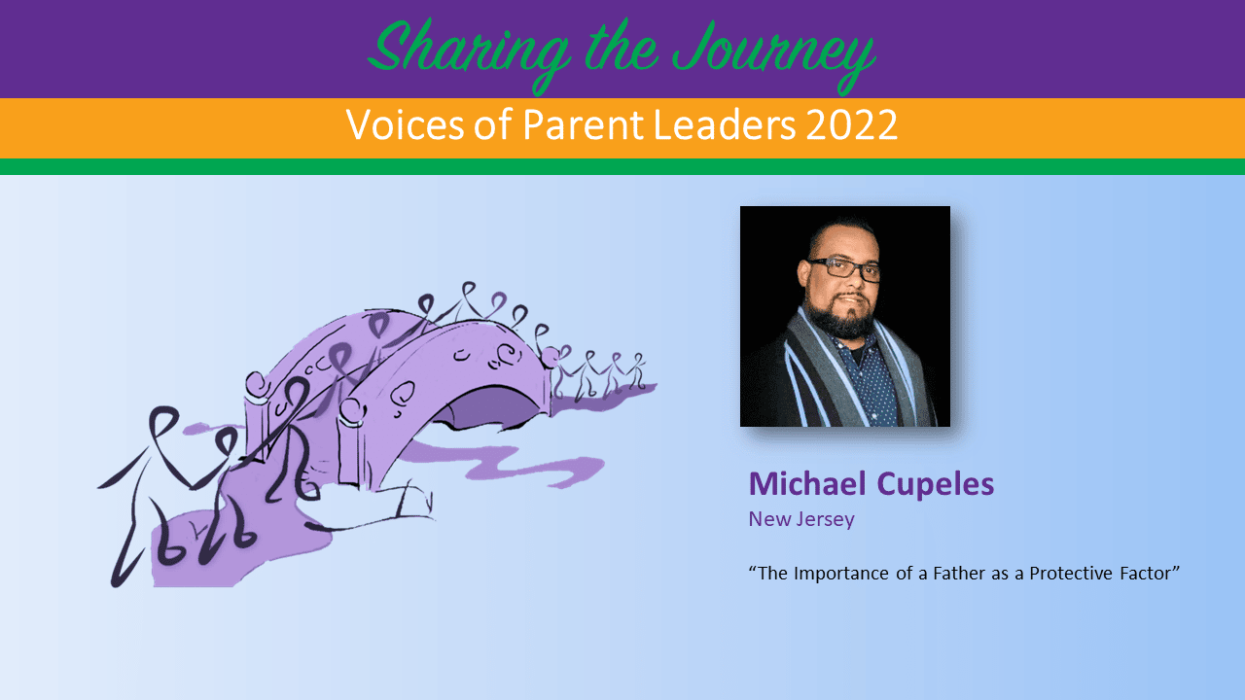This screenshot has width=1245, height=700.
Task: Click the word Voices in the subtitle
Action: click(405, 124)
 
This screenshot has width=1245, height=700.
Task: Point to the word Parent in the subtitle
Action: click(583, 124)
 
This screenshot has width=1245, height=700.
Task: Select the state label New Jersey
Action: click(801, 519)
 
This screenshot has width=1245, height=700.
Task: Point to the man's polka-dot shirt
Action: click(871, 378)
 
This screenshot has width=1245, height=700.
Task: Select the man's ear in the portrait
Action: click(804, 273)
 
